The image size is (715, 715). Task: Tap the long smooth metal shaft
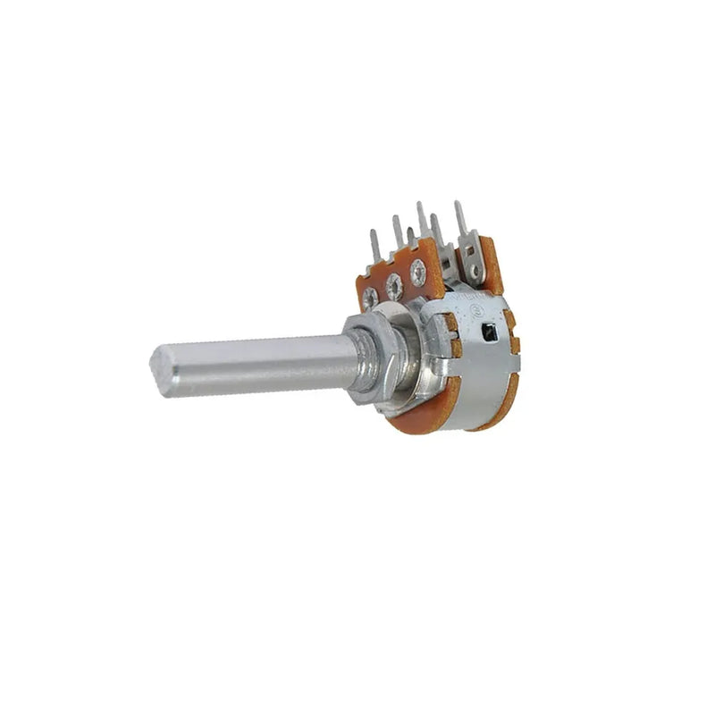[259, 364]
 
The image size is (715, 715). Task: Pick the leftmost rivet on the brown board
[369, 298]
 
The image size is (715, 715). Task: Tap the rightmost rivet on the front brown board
[417, 268]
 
